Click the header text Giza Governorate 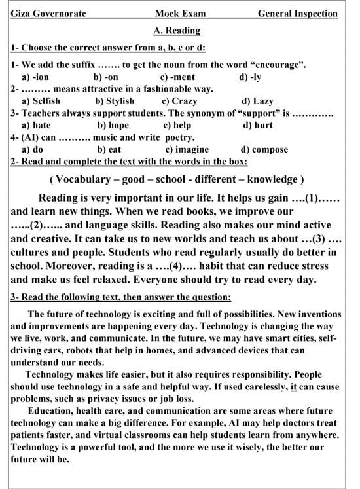pyautogui.click(x=48, y=14)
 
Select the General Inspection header pyautogui.click(x=298, y=14)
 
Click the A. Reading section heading pyautogui.click(x=177, y=30)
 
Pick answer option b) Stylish pyautogui.click(x=115, y=101)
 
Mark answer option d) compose pyautogui.click(x=264, y=149)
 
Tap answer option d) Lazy pyautogui.click(x=258, y=101)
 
